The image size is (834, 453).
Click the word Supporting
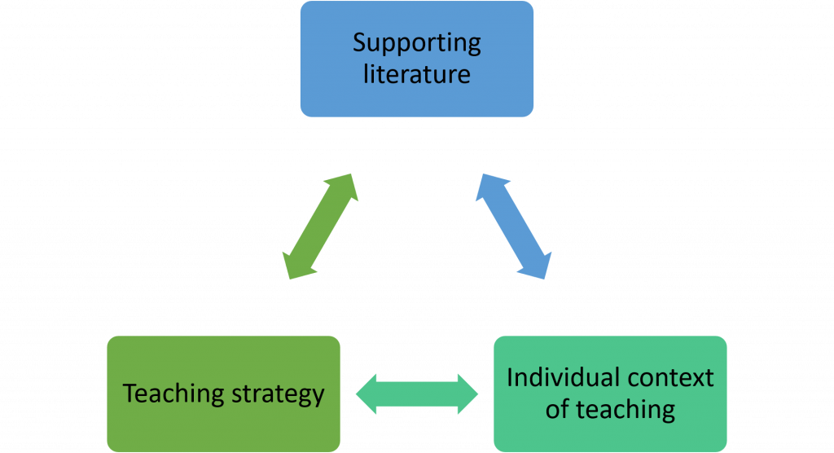coord(416,44)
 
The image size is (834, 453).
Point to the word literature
coord(416,74)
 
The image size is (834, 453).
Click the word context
coord(667,378)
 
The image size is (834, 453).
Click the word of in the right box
coord(558,408)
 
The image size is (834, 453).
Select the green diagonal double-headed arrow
coord(319,226)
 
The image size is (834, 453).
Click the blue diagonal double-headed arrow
coord(513,226)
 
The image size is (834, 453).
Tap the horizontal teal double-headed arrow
coord(417,394)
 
